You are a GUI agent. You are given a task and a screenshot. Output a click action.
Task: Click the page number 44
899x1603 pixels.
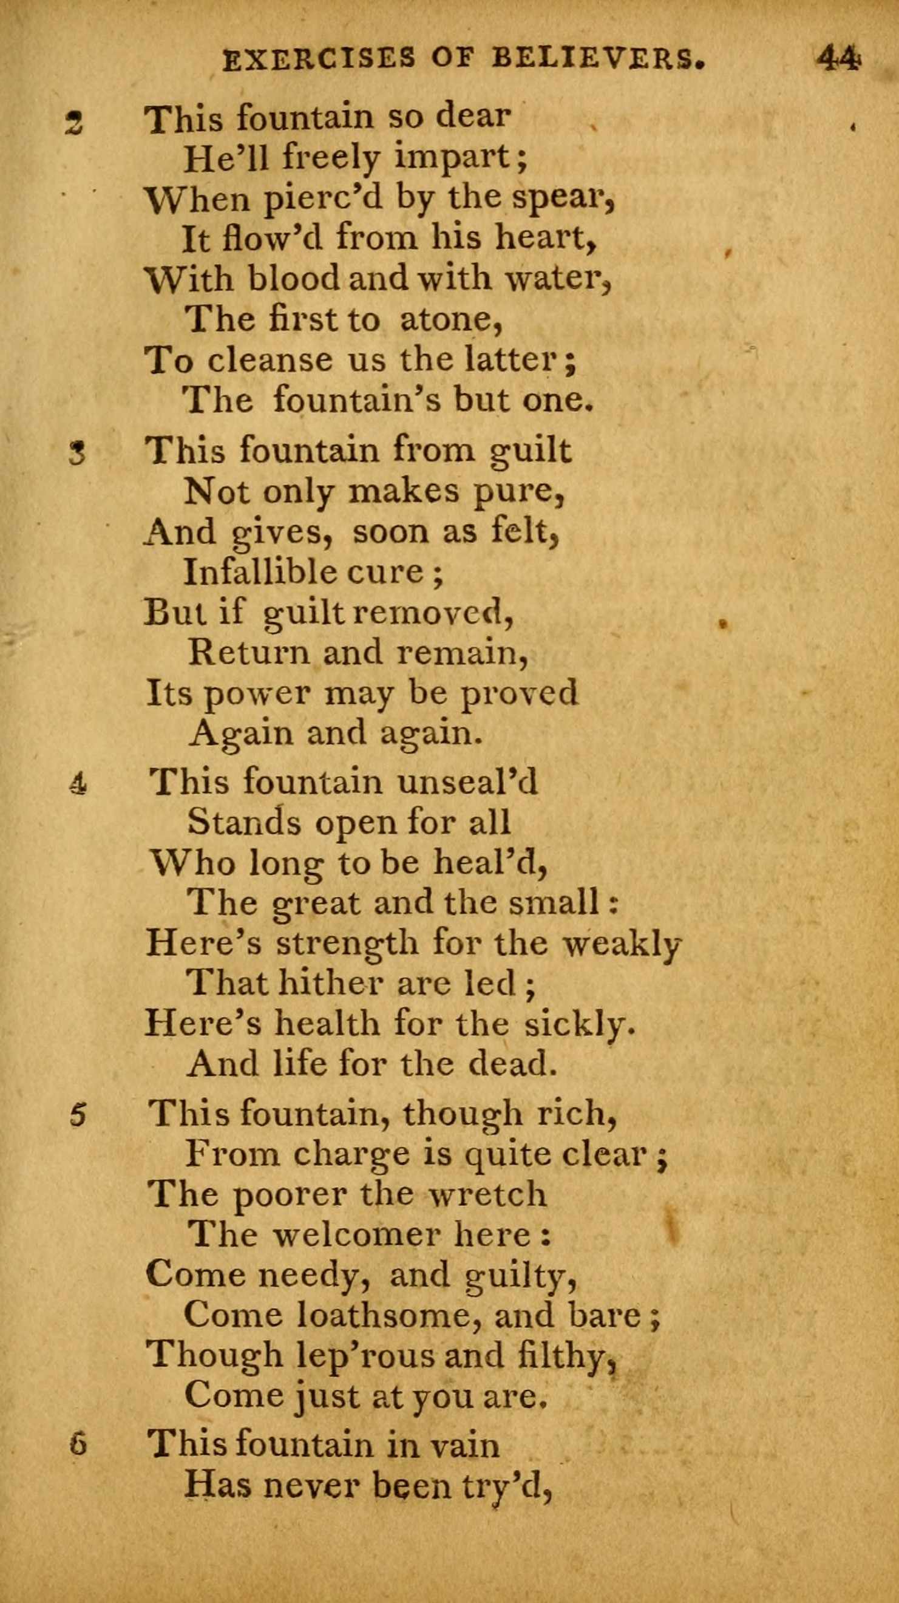pyautogui.click(x=839, y=60)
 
